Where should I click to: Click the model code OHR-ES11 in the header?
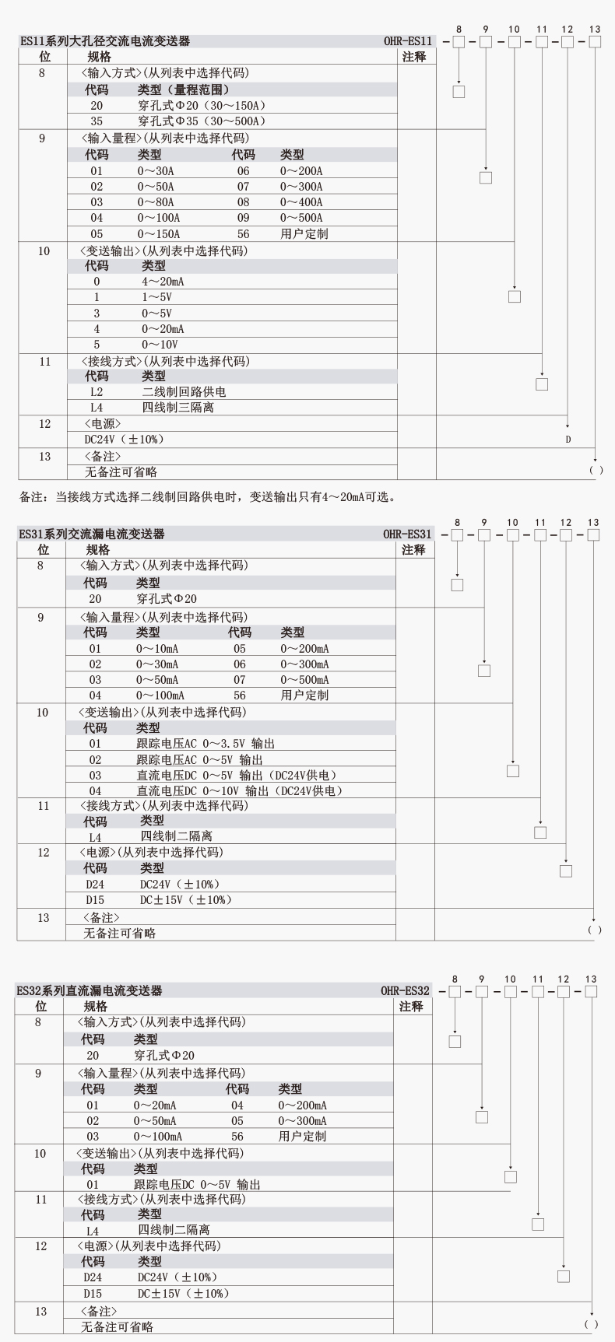[407, 41]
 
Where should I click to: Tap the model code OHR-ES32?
[405, 991]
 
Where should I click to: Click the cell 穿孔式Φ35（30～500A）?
[202, 121]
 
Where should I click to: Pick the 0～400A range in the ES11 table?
[301, 202]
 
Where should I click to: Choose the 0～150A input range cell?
[159, 234]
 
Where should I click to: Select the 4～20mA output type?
[163, 282]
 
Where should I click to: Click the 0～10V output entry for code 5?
[160, 345]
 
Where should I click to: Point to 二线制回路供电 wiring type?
[184, 392]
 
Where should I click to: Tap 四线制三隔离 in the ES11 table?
[177, 408]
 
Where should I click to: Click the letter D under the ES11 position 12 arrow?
[568, 440]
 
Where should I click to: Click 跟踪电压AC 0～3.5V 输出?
[206, 744]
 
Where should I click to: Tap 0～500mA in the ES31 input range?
[304, 680]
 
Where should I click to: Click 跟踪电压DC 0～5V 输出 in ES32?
[197, 1185]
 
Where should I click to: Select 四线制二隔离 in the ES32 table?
[174, 1230]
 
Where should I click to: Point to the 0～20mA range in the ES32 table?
[155, 1105]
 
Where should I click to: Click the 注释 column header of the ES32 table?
[411, 1007]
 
